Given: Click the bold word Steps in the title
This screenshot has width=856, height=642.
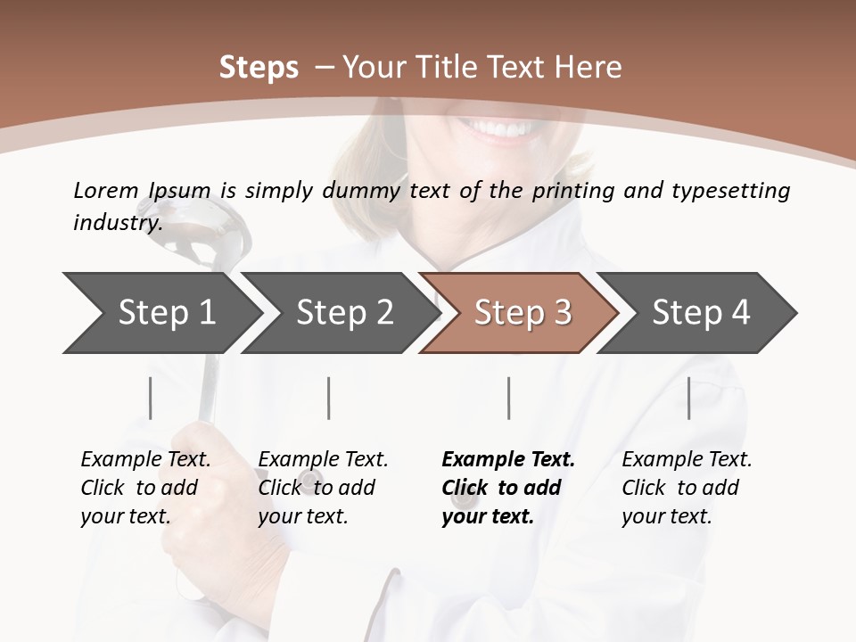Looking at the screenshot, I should (259, 67).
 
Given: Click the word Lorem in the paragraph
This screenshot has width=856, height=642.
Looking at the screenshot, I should (106, 190).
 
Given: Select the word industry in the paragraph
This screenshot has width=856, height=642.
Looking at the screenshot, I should (116, 222).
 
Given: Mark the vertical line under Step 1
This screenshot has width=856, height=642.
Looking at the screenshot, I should (151, 398).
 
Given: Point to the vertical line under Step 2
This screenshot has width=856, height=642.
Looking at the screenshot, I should (329, 398).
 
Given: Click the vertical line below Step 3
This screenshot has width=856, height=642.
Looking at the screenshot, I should (509, 398).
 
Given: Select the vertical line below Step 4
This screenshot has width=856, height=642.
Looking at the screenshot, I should (689, 398).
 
